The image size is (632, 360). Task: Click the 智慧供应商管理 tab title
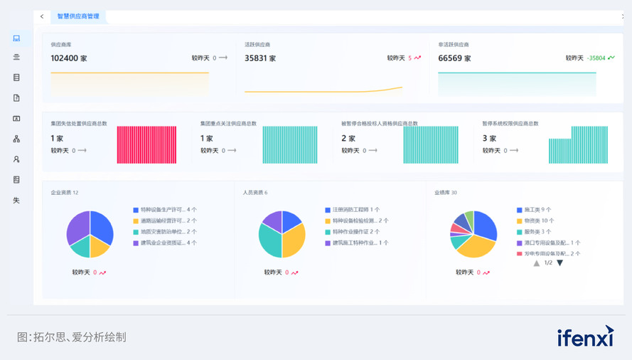tap(78, 16)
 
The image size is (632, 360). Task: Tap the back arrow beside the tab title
tap(42, 16)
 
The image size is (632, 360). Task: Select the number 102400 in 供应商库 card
tap(68, 58)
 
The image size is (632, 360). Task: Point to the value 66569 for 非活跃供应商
tap(450, 58)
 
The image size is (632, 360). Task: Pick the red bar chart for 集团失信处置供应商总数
tap(146, 145)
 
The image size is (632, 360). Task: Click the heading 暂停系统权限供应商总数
tap(510, 123)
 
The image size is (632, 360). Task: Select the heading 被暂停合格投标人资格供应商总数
tap(380, 123)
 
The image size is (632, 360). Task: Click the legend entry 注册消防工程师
tap(355, 210)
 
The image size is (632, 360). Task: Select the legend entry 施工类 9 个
tap(538, 210)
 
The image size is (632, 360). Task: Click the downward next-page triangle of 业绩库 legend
tap(559, 263)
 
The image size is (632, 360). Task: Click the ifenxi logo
tap(584, 337)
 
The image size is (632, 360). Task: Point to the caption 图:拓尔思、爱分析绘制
tap(71, 337)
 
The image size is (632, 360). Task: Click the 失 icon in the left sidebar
tap(16, 200)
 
